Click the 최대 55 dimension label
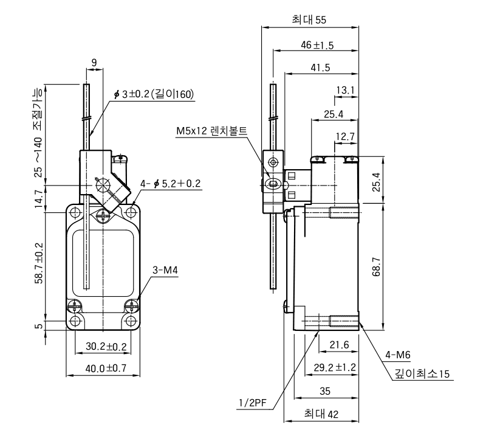point(309,19)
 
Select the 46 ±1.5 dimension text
point(317,46)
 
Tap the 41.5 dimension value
point(321,68)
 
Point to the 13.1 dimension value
point(345,90)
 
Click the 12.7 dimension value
point(345,136)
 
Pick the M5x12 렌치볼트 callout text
point(211,131)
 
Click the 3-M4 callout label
point(165,270)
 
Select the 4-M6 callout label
point(398,355)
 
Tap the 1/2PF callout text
point(253,403)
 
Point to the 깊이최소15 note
point(422,374)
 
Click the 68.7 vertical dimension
point(377,267)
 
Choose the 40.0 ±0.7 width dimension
point(106,369)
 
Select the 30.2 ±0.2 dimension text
point(106,346)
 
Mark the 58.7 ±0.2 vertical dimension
point(39,263)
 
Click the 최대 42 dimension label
point(321,414)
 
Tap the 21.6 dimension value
point(339,344)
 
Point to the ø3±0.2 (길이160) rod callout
point(154,94)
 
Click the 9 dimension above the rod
point(94,63)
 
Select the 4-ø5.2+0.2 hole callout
point(171,184)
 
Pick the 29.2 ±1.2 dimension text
point(335,367)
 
